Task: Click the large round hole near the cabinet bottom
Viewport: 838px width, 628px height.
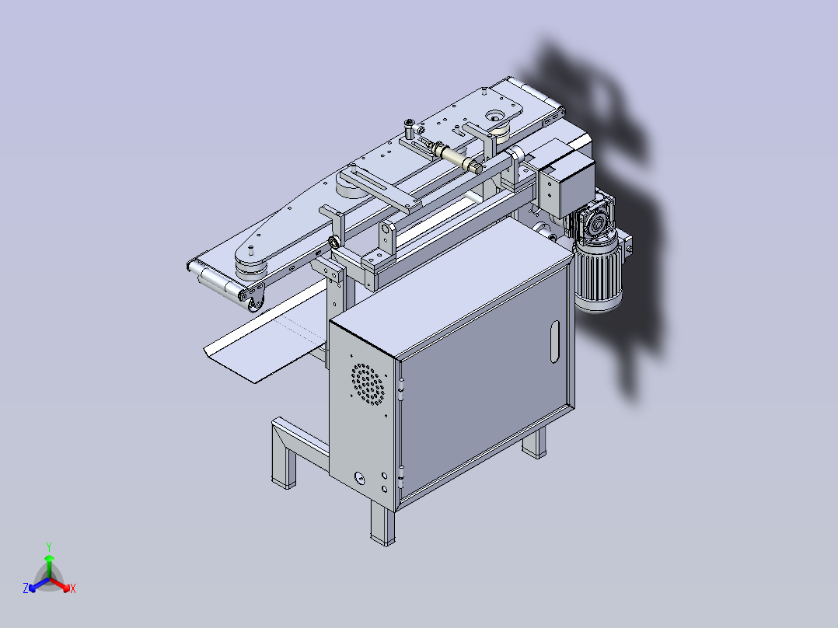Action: point(359,477)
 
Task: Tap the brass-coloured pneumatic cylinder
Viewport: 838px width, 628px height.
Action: point(459,157)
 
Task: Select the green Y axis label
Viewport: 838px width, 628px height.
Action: point(48,546)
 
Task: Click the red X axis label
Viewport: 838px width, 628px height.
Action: point(73,589)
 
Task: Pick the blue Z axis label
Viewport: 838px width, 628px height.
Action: point(26,589)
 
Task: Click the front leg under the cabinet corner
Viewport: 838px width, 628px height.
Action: point(381,523)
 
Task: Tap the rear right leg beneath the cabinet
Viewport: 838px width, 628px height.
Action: point(533,443)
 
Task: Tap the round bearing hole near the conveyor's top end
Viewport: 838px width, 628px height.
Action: point(495,116)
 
